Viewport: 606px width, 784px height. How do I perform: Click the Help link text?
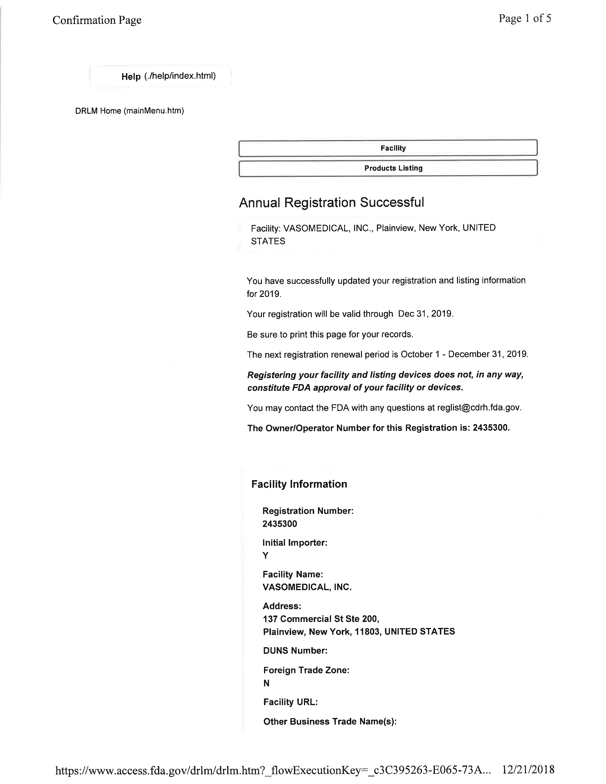point(131,76)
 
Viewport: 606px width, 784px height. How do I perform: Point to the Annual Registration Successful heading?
point(331,202)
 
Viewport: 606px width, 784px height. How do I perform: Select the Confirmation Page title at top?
point(97,20)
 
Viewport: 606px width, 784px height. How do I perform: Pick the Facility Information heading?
point(299,484)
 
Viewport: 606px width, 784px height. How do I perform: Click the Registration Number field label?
point(308,511)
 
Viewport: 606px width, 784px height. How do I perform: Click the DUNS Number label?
point(295,650)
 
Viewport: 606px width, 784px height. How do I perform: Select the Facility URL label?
point(290,702)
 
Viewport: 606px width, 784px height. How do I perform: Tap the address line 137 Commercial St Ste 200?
point(321,619)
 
